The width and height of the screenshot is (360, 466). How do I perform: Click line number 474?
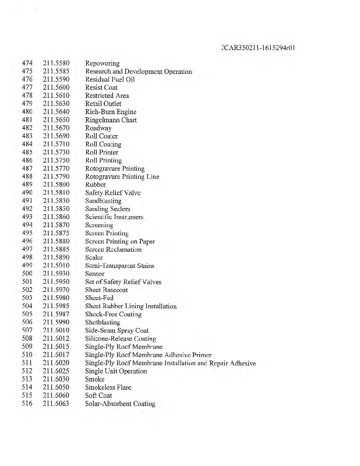[27, 63]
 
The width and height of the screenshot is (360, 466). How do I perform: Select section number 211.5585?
[57, 72]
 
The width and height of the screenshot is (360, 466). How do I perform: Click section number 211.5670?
[57, 128]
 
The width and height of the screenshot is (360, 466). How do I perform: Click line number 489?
[27, 185]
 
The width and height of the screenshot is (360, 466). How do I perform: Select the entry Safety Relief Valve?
[113, 193]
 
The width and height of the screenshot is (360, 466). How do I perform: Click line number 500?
[27, 274]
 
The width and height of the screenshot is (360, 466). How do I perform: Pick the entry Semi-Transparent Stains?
[119, 266]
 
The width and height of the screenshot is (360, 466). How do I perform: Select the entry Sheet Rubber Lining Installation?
[131, 306]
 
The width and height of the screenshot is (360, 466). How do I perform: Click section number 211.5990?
[57, 322]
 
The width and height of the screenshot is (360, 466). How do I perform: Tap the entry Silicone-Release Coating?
[121, 338]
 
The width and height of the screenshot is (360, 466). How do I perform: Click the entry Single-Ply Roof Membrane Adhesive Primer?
[148, 355]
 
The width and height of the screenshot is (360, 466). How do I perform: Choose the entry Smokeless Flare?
[108, 387]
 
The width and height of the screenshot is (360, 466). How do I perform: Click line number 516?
[27, 404]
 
